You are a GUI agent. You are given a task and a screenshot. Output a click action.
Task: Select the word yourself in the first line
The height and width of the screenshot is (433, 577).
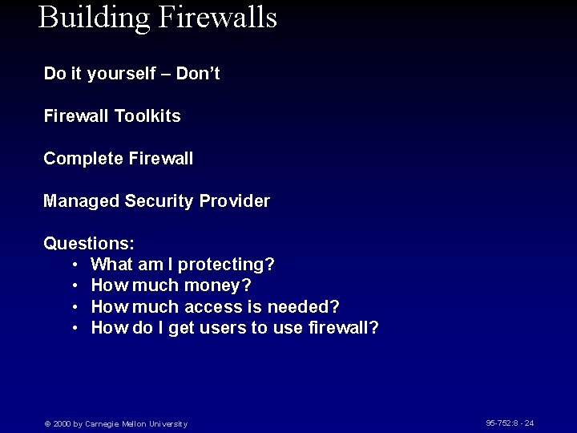[121, 74]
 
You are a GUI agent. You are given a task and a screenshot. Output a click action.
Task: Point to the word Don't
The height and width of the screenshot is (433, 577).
[198, 74]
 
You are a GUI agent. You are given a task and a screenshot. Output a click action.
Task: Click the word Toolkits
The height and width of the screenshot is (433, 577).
[147, 116]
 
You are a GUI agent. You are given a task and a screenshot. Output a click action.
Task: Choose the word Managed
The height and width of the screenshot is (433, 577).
[81, 201]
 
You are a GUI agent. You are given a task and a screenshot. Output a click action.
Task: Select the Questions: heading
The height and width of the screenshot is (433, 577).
[89, 243]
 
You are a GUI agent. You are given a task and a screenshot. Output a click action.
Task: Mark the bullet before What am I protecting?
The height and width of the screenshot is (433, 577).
[74, 265]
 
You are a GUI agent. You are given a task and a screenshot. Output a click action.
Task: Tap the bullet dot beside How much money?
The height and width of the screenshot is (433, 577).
[74, 285]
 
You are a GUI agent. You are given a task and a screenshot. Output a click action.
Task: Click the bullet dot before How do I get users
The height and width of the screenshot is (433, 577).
[74, 328]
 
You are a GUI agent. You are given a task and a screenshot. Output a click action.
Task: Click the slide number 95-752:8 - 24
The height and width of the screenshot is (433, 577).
[510, 423]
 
